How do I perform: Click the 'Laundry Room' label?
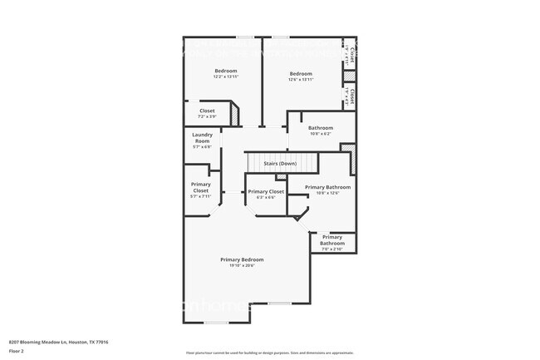pos(202,137)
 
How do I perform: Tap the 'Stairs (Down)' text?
pos(280,164)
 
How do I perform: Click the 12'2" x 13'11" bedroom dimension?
pos(226,77)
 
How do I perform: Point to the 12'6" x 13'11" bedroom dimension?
pos(301,80)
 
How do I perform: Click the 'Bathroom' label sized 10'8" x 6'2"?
pos(320,128)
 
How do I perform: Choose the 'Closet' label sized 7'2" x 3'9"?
pos(207,111)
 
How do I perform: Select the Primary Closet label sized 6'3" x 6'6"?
pos(266,191)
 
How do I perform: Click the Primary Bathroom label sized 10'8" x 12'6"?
pos(327,187)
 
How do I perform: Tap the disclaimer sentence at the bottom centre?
pos(269,353)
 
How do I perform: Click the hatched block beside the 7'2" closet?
pos(234,112)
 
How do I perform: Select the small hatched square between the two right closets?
pos(349,76)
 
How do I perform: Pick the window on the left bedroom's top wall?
pos(244,37)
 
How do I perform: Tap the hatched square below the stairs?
pos(280,177)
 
